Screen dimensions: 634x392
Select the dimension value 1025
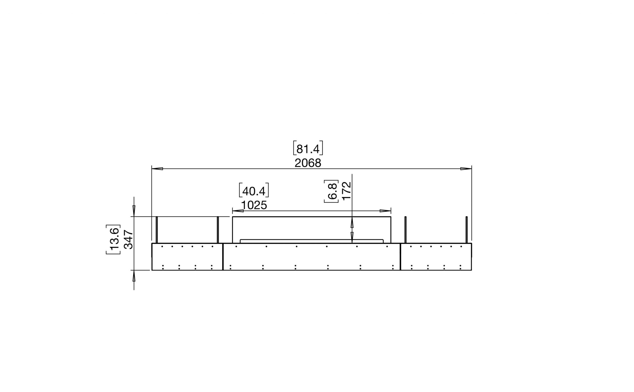click(254, 205)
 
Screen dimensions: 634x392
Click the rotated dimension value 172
click(347, 191)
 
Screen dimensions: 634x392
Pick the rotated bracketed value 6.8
click(331, 191)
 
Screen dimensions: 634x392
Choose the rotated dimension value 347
click(129, 239)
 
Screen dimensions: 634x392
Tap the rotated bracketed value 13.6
click(113, 239)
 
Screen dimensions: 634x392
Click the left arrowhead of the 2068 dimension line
click(157, 169)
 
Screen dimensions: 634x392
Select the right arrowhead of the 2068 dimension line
click(466, 169)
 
